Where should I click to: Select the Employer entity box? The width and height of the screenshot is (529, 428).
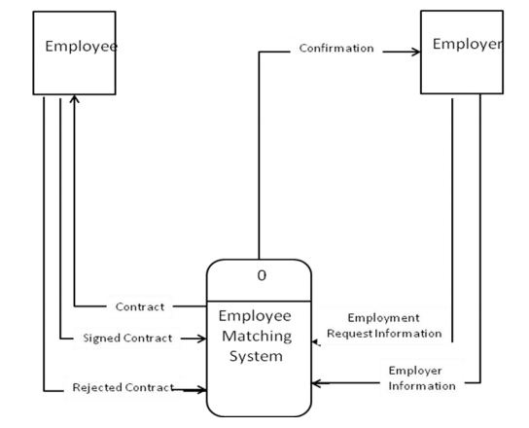pyautogui.click(x=461, y=53)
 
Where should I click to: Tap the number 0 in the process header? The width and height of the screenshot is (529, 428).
pyautogui.click(x=261, y=275)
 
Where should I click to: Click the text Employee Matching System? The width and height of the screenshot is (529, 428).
pyautogui.click(x=261, y=337)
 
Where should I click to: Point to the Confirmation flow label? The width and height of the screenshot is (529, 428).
pyautogui.click(x=336, y=48)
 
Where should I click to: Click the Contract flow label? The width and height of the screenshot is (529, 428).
pyautogui.click(x=139, y=305)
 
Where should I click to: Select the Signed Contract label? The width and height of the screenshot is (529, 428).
pyautogui.click(x=129, y=338)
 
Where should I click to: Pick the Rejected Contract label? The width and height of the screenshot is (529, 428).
pyautogui.click(x=123, y=387)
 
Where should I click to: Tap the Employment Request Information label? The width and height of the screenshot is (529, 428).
pyautogui.click(x=385, y=326)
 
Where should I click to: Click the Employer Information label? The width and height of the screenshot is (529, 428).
pyautogui.click(x=422, y=377)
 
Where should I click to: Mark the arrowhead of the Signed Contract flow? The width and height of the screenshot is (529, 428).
pyautogui.click(x=201, y=339)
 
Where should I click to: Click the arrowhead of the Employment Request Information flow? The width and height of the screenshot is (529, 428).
pyautogui.click(x=315, y=340)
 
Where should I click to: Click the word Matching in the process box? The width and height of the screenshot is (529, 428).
pyautogui.click(x=261, y=337)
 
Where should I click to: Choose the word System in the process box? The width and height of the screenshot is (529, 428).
pyautogui.click(x=261, y=356)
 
